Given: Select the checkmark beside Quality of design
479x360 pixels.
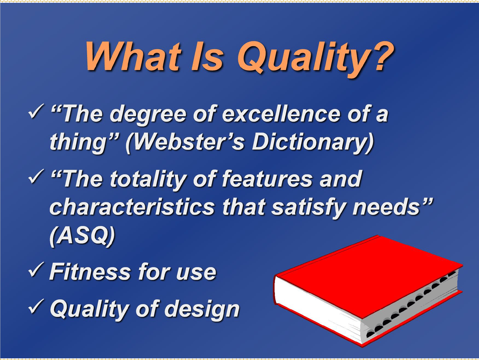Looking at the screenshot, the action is point(36,306).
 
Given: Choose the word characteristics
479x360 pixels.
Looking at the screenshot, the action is point(132,207).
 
